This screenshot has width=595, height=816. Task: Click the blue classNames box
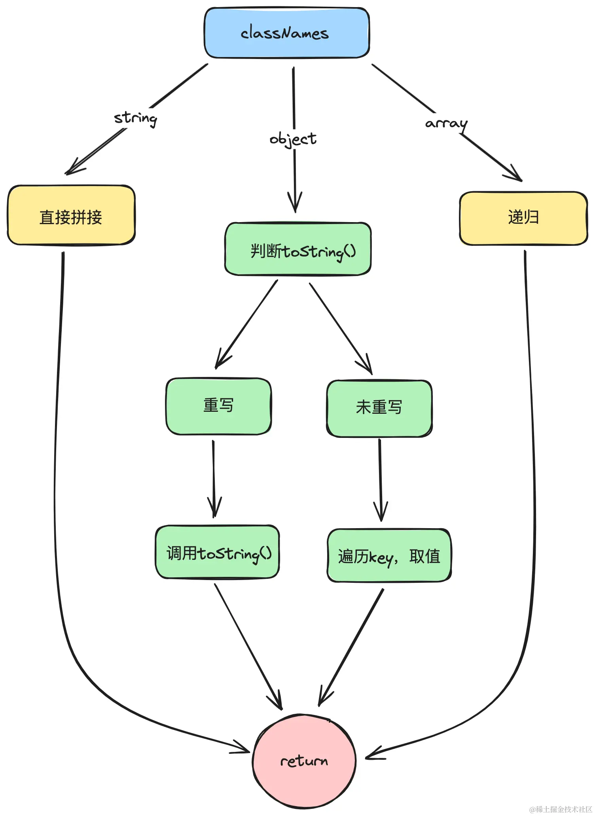click(x=286, y=33)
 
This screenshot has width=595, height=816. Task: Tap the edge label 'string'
click(x=135, y=118)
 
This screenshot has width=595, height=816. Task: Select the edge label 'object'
click(x=293, y=139)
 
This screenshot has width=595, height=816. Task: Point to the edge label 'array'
click(x=446, y=124)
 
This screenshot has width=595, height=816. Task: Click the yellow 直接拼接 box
click(x=71, y=216)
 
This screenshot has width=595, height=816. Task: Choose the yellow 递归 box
click(x=523, y=218)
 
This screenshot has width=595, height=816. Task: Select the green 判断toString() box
click(x=298, y=249)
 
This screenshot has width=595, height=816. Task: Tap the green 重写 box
click(x=218, y=406)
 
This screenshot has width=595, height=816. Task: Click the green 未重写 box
click(x=379, y=408)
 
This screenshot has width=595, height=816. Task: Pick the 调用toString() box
click(x=218, y=552)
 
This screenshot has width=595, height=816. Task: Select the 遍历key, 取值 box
click(x=389, y=555)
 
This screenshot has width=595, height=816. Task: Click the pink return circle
click(x=304, y=761)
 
